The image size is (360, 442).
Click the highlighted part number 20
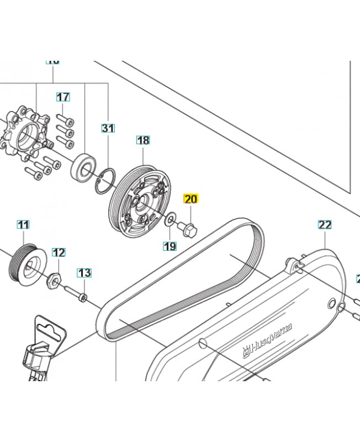(x=190, y=199)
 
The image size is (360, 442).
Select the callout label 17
(x=63, y=97)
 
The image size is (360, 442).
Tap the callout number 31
(x=108, y=129)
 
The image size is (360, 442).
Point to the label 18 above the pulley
(x=143, y=140)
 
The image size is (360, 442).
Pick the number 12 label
(x=59, y=253)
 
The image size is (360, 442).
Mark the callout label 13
(x=84, y=272)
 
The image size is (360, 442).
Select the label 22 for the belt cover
(x=325, y=224)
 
